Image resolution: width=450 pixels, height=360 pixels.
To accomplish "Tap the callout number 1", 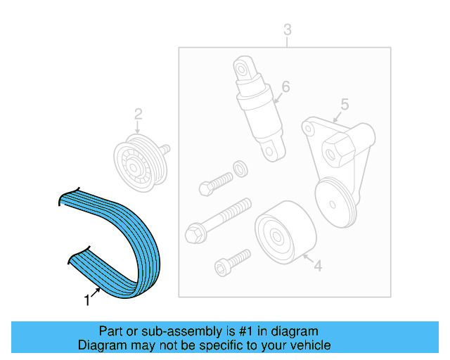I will point(86,301).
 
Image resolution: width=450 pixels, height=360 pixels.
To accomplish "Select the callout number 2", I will point(139,113).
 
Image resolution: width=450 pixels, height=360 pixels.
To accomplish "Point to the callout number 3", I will point(287,30).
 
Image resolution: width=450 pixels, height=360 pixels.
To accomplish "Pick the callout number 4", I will point(318,266).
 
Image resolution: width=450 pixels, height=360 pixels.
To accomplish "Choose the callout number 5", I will point(345,105).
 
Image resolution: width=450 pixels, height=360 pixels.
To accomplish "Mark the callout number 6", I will point(285,87).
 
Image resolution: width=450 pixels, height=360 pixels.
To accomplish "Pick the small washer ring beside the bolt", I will point(239,168).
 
